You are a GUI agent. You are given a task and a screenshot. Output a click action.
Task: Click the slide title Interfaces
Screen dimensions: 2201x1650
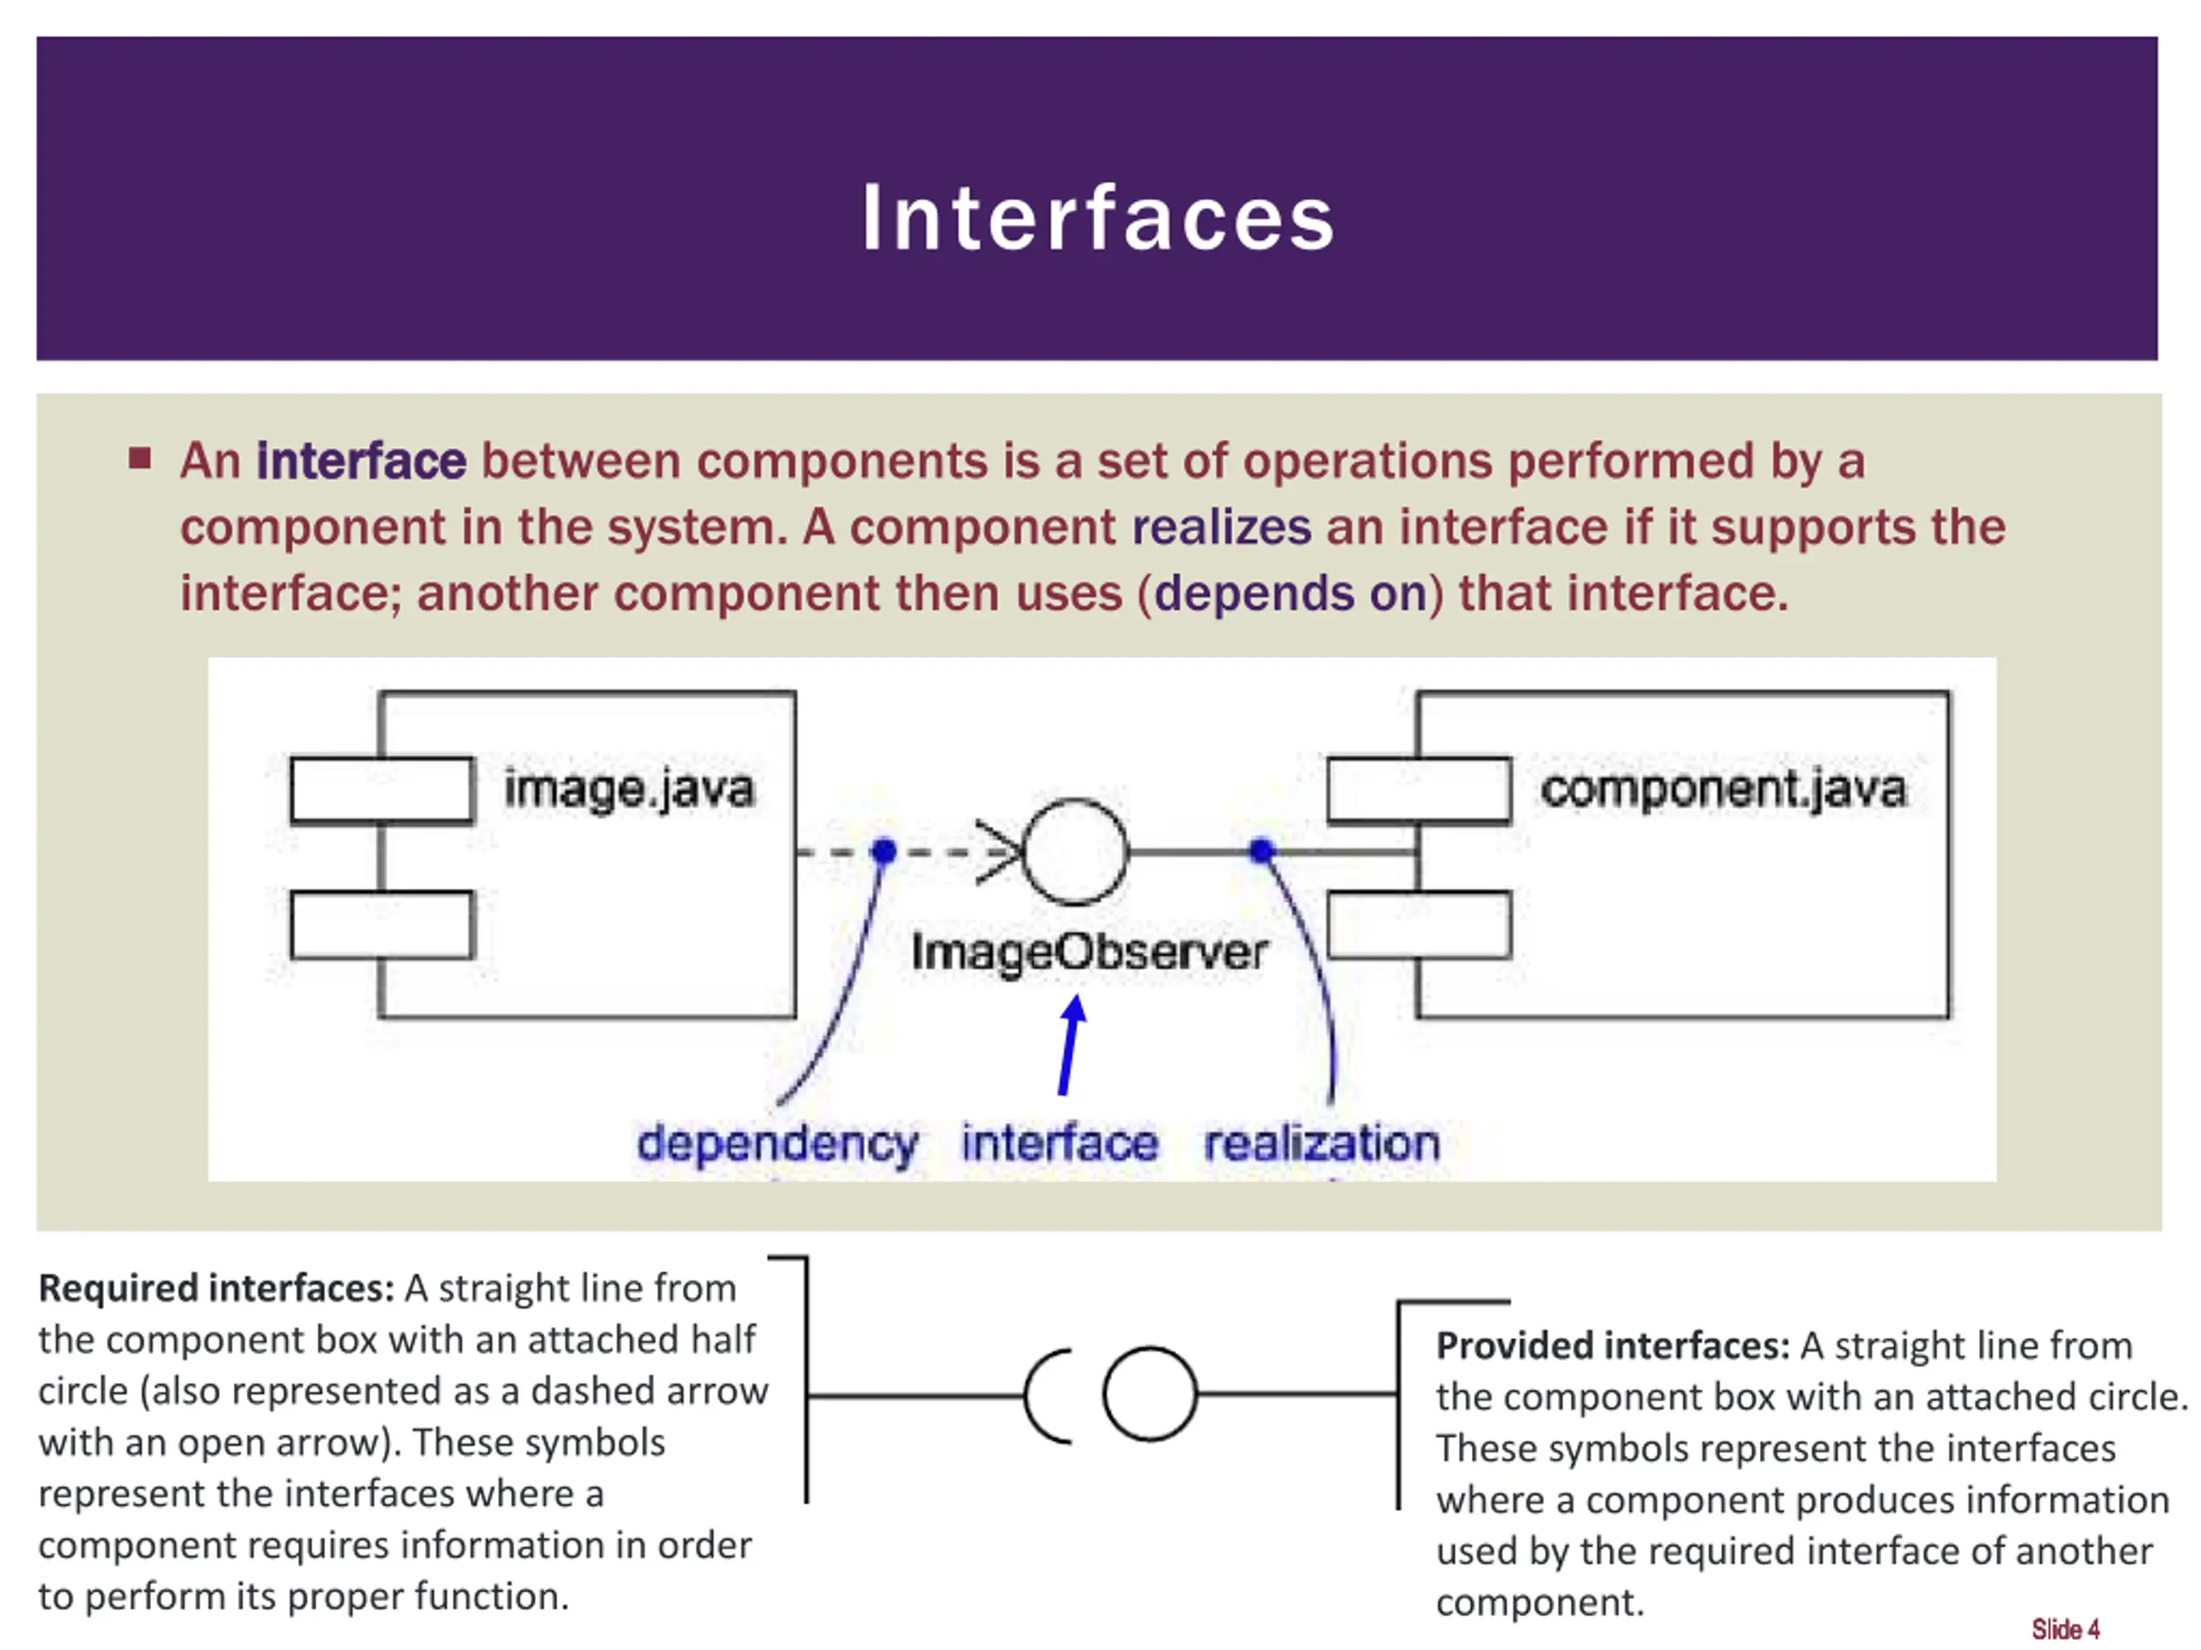[x=1099, y=217]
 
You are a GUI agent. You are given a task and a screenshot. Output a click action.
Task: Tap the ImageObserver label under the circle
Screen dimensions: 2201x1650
[x=1089, y=952]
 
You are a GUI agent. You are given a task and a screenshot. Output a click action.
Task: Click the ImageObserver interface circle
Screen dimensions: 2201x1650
[x=1076, y=852]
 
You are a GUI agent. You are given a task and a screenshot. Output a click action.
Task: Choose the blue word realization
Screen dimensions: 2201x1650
[x=1322, y=1143]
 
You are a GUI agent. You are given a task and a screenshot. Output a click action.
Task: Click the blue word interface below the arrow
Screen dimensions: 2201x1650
[x=1060, y=1144]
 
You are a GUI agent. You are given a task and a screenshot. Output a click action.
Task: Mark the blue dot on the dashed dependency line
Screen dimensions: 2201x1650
[x=884, y=852]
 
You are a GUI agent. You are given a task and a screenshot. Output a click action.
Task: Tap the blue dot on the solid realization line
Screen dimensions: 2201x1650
[x=1261, y=852]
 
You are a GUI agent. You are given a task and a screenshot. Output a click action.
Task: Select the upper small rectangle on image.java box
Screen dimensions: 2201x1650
[x=382, y=791]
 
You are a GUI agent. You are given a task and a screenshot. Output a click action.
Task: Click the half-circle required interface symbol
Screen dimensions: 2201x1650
[x=1048, y=1396]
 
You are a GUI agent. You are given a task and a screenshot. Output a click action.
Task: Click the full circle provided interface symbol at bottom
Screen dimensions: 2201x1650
[x=1150, y=1395]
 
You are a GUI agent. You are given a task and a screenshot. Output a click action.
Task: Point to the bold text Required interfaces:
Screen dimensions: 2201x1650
[x=217, y=1289]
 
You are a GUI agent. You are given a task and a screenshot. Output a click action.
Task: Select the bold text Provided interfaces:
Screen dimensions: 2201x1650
[x=1613, y=1346]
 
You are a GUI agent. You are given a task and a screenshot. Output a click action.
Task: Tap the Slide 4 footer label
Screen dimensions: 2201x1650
[x=2066, y=1629]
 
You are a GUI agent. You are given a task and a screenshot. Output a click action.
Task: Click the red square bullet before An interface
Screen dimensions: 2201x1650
[x=139, y=459]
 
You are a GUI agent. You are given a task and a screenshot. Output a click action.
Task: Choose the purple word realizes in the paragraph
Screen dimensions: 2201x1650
[x=1222, y=527]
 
